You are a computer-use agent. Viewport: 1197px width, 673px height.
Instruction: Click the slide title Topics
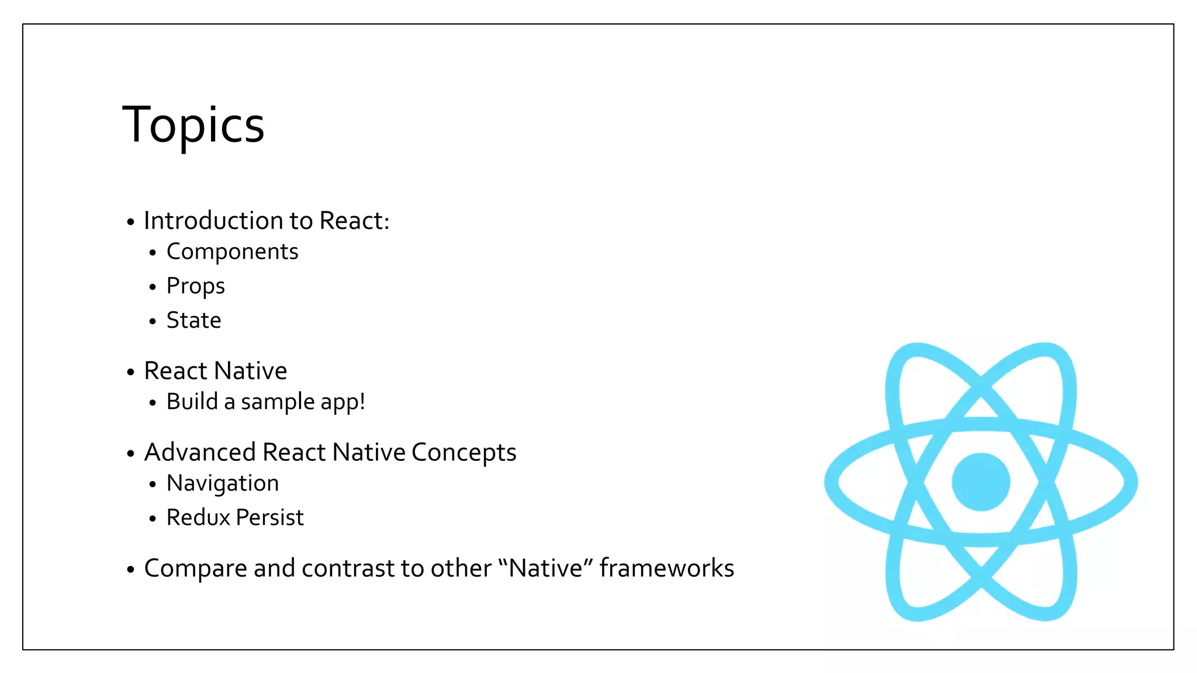tap(193, 125)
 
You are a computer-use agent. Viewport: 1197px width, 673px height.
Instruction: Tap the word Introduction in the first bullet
tap(214, 221)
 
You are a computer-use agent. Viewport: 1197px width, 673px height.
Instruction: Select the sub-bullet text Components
tap(232, 252)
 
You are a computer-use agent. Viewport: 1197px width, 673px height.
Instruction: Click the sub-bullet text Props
tap(195, 286)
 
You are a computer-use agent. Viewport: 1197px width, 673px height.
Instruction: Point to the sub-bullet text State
tap(193, 320)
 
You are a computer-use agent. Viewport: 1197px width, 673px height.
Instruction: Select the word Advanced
tap(200, 452)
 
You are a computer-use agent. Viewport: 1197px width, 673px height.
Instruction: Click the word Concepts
tap(463, 452)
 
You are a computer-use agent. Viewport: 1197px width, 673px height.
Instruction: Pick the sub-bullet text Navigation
tap(222, 484)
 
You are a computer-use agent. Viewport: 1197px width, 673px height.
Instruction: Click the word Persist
tap(269, 518)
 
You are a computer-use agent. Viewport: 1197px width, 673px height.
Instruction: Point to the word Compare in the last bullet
tap(195, 569)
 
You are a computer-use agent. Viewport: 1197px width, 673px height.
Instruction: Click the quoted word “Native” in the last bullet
tap(545, 568)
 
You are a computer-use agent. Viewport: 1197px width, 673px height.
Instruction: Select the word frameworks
tap(666, 568)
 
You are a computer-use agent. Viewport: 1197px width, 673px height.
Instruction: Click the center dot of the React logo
tap(981, 482)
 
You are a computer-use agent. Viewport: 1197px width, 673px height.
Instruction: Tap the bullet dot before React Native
tap(130, 372)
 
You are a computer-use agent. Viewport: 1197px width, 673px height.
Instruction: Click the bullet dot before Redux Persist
tap(153, 519)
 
